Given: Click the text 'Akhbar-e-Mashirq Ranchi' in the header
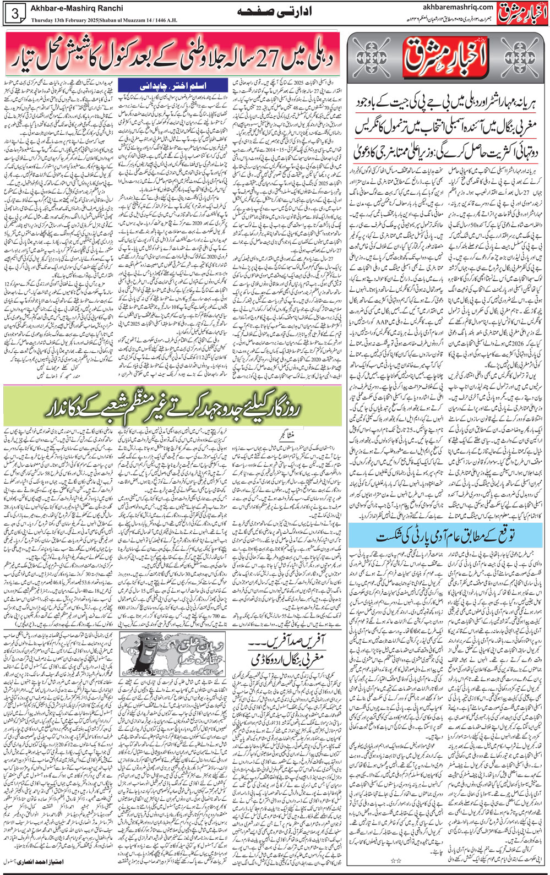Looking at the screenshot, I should coord(78,8).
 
